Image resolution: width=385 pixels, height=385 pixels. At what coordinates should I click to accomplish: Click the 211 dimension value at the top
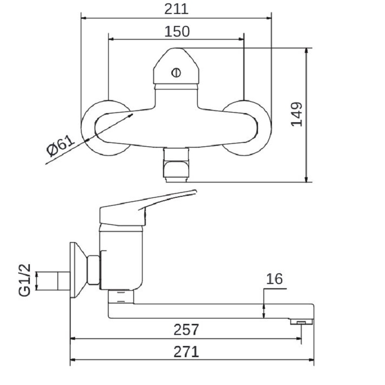point(177,9)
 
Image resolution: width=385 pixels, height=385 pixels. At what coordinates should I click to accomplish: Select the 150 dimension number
point(177,31)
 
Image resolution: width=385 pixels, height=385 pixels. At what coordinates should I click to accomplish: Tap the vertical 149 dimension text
point(297,114)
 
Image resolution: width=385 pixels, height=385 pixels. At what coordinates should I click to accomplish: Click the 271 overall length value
point(187,352)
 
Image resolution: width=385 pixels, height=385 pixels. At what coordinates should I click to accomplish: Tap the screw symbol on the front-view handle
point(176,73)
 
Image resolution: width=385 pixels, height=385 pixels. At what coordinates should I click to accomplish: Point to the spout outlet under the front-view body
point(176,165)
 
